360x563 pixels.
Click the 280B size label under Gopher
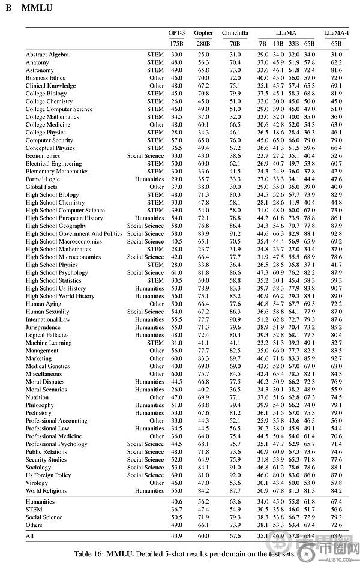click(x=203, y=44)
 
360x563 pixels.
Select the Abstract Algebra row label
click(x=47, y=55)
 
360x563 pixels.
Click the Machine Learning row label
click(x=48, y=343)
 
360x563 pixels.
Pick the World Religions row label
click(x=46, y=490)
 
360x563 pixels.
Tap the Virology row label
click(x=37, y=483)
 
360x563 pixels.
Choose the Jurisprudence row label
click(x=43, y=327)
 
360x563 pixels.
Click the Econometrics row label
click(x=43, y=156)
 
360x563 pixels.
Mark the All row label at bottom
click(x=30, y=535)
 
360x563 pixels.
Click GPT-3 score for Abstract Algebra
click(x=176, y=55)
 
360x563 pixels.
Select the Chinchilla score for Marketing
click(x=235, y=358)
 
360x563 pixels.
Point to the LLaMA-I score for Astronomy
click(x=336, y=70)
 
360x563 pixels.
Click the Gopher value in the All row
click(x=203, y=535)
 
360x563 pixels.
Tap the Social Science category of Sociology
click(x=145, y=467)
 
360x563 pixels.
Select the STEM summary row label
click(x=34, y=509)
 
